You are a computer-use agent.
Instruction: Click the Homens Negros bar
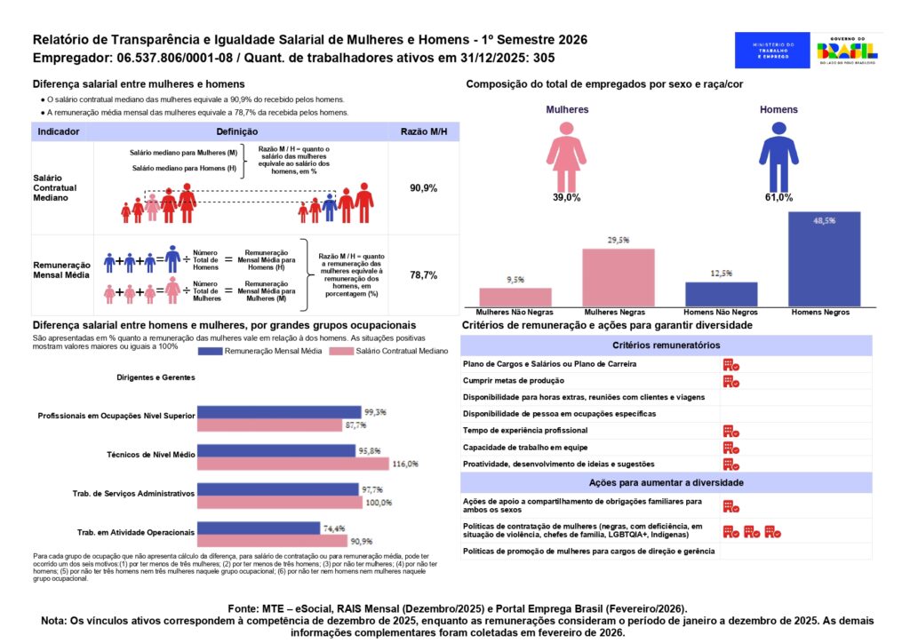point(824,259)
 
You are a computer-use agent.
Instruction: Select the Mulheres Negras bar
point(619,277)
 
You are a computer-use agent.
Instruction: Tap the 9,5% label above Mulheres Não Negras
point(515,280)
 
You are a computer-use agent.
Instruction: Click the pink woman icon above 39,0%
point(566,157)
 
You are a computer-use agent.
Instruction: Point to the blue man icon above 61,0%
point(778,157)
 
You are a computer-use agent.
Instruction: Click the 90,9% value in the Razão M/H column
point(423,189)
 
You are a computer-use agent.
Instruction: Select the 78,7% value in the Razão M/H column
point(423,275)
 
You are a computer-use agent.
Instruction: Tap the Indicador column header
point(59,131)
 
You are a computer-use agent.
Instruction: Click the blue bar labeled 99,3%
point(279,412)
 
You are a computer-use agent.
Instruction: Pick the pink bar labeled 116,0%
point(292,464)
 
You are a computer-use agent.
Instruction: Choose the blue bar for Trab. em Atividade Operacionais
point(258,528)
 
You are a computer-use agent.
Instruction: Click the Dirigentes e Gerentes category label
point(156,377)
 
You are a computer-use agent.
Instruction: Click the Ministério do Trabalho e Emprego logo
point(772,51)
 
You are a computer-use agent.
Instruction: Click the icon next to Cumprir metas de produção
point(730,381)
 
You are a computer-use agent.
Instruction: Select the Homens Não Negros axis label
point(721,314)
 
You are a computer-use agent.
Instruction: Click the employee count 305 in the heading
point(544,58)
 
